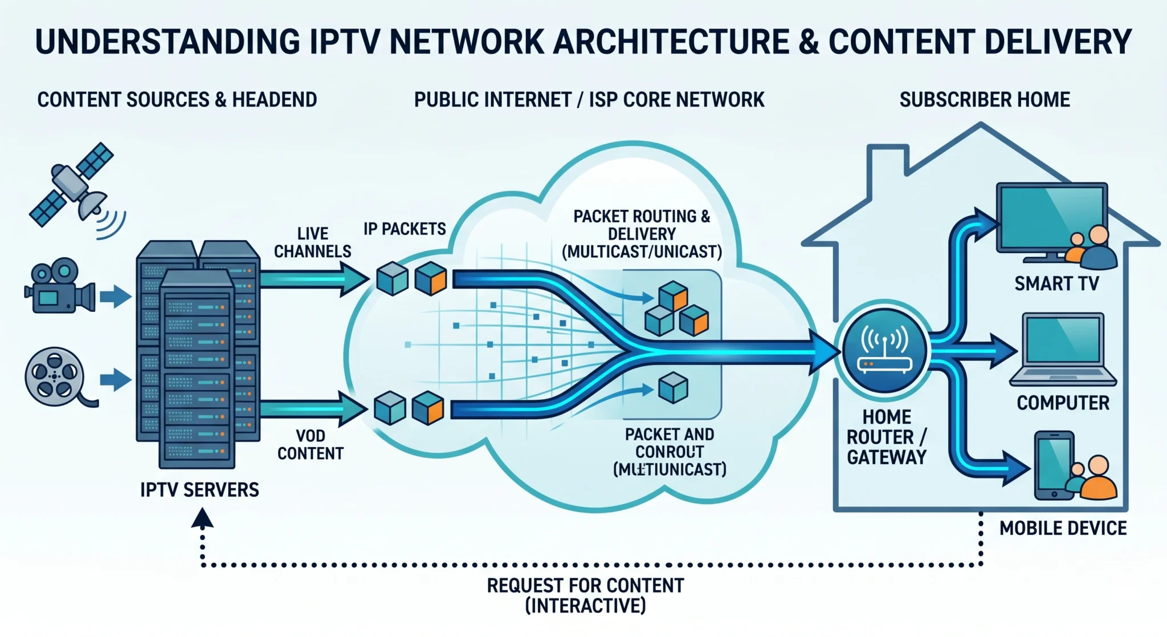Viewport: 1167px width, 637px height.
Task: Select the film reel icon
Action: point(55,376)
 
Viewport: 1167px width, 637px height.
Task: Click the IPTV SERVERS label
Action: point(199,490)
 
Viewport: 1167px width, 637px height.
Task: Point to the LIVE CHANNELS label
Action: point(312,242)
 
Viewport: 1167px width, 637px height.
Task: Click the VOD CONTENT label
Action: point(311,445)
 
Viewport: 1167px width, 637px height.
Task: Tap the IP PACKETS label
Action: point(405,229)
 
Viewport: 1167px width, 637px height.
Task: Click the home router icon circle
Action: point(885,351)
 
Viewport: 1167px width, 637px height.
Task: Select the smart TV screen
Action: point(1051,217)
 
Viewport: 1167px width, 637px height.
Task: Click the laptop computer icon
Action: point(1063,349)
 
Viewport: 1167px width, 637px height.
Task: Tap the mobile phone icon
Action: point(1054,465)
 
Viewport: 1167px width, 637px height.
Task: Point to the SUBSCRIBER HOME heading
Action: point(984,100)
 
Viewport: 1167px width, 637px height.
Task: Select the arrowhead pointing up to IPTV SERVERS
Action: point(202,518)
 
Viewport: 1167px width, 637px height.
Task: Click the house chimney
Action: point(887,163)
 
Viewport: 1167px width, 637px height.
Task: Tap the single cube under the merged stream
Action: point(673,388)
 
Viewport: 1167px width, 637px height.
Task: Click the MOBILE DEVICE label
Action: point(1063,528)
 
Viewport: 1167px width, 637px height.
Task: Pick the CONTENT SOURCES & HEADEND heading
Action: point(177,100)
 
